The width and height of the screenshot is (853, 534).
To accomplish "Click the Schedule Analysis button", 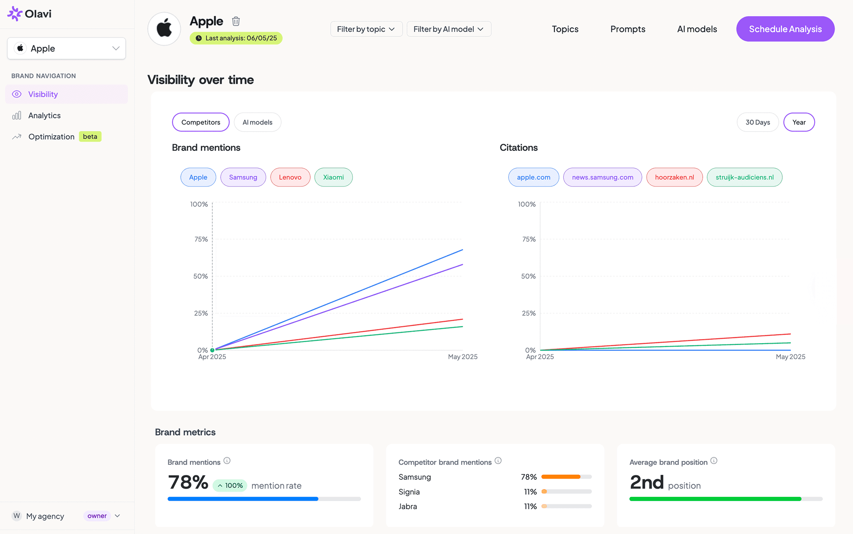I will click(x=785, y=29).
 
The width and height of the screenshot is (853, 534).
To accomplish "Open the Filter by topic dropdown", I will click(x=366, y=29).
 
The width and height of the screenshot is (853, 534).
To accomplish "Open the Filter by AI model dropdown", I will click(x=449, y=29).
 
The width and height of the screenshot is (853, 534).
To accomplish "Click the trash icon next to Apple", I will click(x=236, y=21).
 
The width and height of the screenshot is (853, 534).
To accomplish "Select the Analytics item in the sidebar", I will click(x=44, y=115).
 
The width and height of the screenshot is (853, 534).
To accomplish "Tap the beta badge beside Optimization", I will click(x=90, y=137).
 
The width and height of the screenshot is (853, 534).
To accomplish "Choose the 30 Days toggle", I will click(x=757, y=122).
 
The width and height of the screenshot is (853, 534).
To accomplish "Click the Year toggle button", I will click(x=798, y=122).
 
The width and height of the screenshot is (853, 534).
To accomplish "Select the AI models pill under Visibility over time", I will click(x=257, y=122).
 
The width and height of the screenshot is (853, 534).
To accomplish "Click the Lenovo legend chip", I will click(x=290, y=177).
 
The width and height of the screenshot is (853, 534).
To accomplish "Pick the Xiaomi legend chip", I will click(x=333, y=177).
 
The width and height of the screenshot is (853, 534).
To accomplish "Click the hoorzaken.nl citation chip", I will click(x=674, y=177).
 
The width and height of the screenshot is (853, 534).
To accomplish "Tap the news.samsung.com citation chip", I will click(x=602, y=177).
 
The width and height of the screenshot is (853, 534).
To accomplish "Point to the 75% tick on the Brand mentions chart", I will click(x=201, y=239).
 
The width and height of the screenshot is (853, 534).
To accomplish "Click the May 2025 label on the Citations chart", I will click(x=790, y=357).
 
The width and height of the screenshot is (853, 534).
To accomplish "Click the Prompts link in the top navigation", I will click(x=628, y=29).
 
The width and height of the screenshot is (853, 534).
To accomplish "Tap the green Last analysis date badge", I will click(x=236, y=38).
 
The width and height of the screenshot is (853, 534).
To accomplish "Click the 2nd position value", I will click(x=646, y=482).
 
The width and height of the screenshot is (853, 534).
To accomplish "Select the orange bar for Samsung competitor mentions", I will click(x=561, y=477).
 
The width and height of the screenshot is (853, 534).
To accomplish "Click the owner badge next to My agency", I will click(x=97, y=516).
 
